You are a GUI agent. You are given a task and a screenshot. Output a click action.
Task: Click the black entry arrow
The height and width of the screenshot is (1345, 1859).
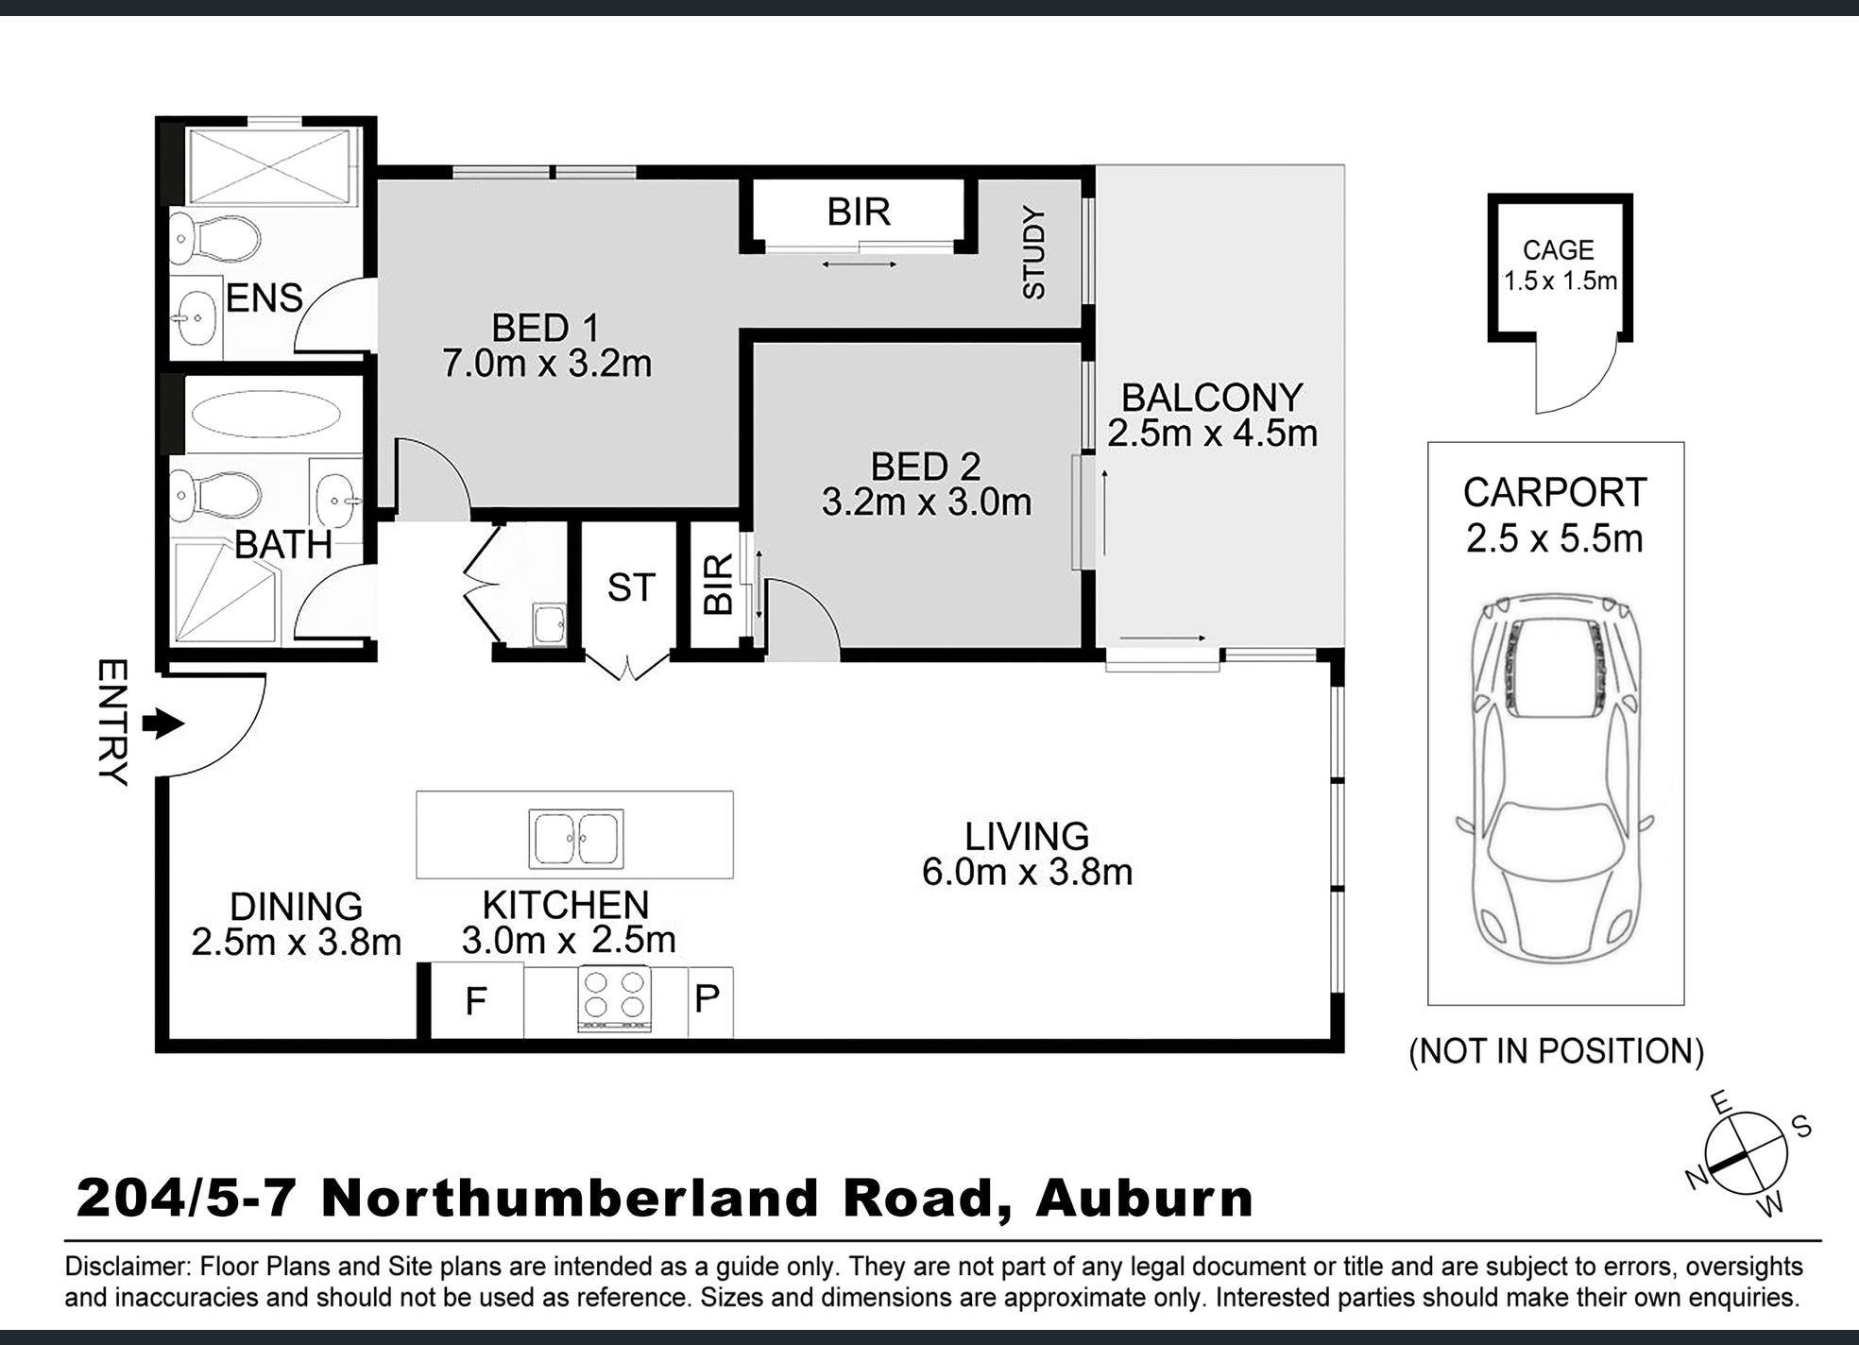[x=162, y=724]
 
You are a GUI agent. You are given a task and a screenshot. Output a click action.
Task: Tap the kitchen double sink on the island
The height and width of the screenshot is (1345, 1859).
[x=575, y=839]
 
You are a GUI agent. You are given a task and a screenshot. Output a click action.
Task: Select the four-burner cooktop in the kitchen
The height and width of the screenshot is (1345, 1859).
[x=615, y=998]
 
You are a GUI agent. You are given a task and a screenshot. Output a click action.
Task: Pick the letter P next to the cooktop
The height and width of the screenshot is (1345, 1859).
[x=708, y=998]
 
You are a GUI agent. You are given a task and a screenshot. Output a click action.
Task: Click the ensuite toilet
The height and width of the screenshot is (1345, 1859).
[x=215, y=238]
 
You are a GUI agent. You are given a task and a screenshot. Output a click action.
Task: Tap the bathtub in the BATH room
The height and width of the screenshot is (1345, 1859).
[x=267, y=415]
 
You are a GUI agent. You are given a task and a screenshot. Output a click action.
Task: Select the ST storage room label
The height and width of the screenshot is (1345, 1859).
[x=630, y=588]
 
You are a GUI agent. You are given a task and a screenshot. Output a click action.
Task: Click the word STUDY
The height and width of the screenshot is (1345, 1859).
[x=1035, y=253]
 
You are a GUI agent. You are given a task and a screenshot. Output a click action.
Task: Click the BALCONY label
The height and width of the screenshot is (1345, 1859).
[x=1212, y=398]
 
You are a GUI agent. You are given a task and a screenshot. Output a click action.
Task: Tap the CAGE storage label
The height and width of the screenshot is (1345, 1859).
[x=1558, y=250]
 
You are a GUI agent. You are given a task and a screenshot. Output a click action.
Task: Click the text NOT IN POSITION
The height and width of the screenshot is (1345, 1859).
[x=1556, y=1051]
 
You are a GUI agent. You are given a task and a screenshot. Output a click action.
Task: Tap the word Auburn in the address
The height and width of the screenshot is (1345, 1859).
[x=1144, y=1198]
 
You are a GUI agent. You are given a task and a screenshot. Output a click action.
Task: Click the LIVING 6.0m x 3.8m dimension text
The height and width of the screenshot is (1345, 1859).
[x=1027, y=871]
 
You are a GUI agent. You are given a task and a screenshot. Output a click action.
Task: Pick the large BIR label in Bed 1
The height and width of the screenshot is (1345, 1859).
[x=859, y=212]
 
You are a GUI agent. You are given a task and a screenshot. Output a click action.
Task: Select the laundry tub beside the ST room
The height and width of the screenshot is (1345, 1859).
[x=548, y=624]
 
